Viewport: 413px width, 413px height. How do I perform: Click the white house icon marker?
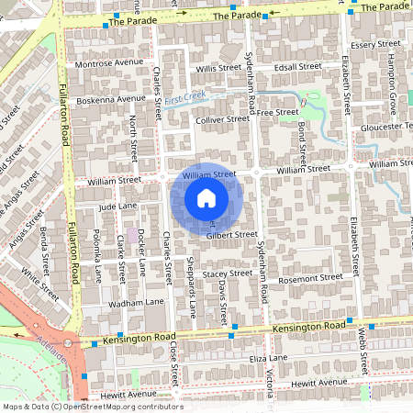206,198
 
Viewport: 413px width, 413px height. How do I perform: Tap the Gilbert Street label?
231,235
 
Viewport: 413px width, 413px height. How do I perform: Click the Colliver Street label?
222,119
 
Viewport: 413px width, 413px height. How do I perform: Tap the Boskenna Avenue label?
111,99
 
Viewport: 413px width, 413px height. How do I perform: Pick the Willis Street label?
218,69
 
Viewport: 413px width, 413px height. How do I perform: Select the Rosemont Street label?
309,278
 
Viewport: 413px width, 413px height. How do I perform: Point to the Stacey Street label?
227,273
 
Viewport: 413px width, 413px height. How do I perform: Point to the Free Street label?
279,112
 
